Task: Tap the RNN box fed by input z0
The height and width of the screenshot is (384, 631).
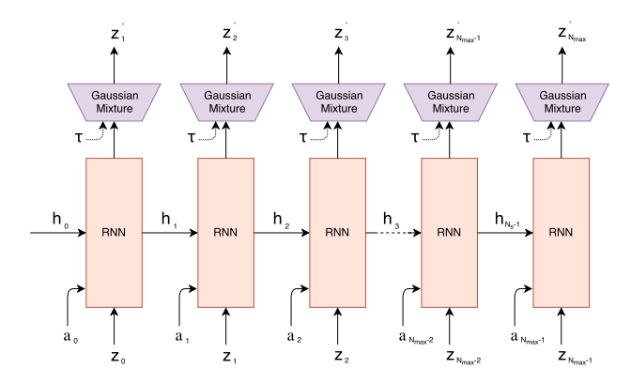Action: point(114,232)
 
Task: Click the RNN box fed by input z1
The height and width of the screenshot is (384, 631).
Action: point(225,232)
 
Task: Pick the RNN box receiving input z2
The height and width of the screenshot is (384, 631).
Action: point(338,232)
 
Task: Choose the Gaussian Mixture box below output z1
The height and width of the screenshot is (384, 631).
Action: point(114,101)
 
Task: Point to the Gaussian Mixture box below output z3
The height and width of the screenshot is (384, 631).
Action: point(338,101)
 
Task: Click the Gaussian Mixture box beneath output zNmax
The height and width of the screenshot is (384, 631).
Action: point(561,101)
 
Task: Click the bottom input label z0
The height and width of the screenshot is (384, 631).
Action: point(115,357)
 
